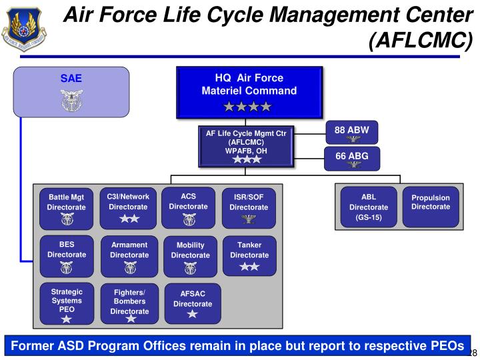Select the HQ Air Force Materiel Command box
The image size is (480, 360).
pyautogui.click(x=249, y=93)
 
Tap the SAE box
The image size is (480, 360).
pyautogui.click(x=71, y=91)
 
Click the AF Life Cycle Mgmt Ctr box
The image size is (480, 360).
pyautogui.click(x=246, y=146)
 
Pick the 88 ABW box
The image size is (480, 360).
pyautogui.click(x=351, y=132)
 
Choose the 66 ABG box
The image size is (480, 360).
pyautogui.click(x=351, y=159)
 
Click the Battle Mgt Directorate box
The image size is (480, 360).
pyautogui.click(x=66, y=208)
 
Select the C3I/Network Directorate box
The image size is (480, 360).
pyautogui.click(x=128, y=207)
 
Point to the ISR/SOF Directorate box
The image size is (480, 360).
pyautogui.click(x=249, y=208)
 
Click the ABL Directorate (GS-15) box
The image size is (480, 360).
pyautogui.click(x=368, y=207)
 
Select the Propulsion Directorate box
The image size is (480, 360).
pyautogui.click(x=431, y=207)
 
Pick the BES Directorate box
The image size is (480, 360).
pyautogui.click(x=66, y=256)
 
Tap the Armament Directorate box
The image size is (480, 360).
pyautogui.click(x=129, y=256)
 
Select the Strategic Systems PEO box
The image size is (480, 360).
pyautogui.click(x=67, y=305)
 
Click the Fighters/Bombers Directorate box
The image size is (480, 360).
pyautogui.click(x=129, y=305)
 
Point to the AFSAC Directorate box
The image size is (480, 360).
pyautogui.click(x=192, y=304)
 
